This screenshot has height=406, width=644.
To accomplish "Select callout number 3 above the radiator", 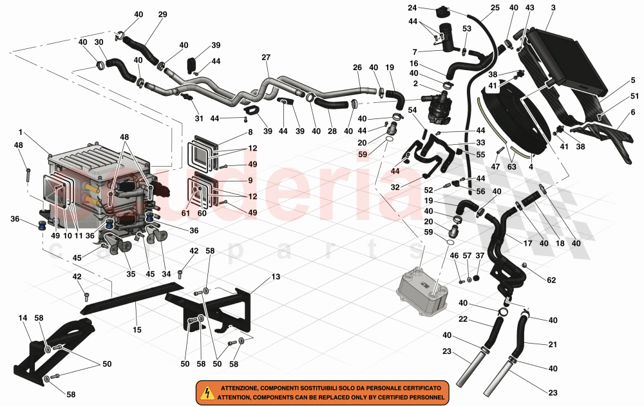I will [553, 7].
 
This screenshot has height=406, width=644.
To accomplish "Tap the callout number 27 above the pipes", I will [265, 57].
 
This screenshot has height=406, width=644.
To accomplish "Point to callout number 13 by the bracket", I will [276, 277].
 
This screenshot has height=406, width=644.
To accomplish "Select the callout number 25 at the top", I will [495, 8].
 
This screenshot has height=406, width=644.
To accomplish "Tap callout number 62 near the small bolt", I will [552, 280].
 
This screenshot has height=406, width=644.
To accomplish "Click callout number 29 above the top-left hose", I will [162, 14].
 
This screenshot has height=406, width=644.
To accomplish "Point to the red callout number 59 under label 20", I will [363, 154].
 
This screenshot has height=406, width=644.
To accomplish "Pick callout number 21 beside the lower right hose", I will [553, 345].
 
